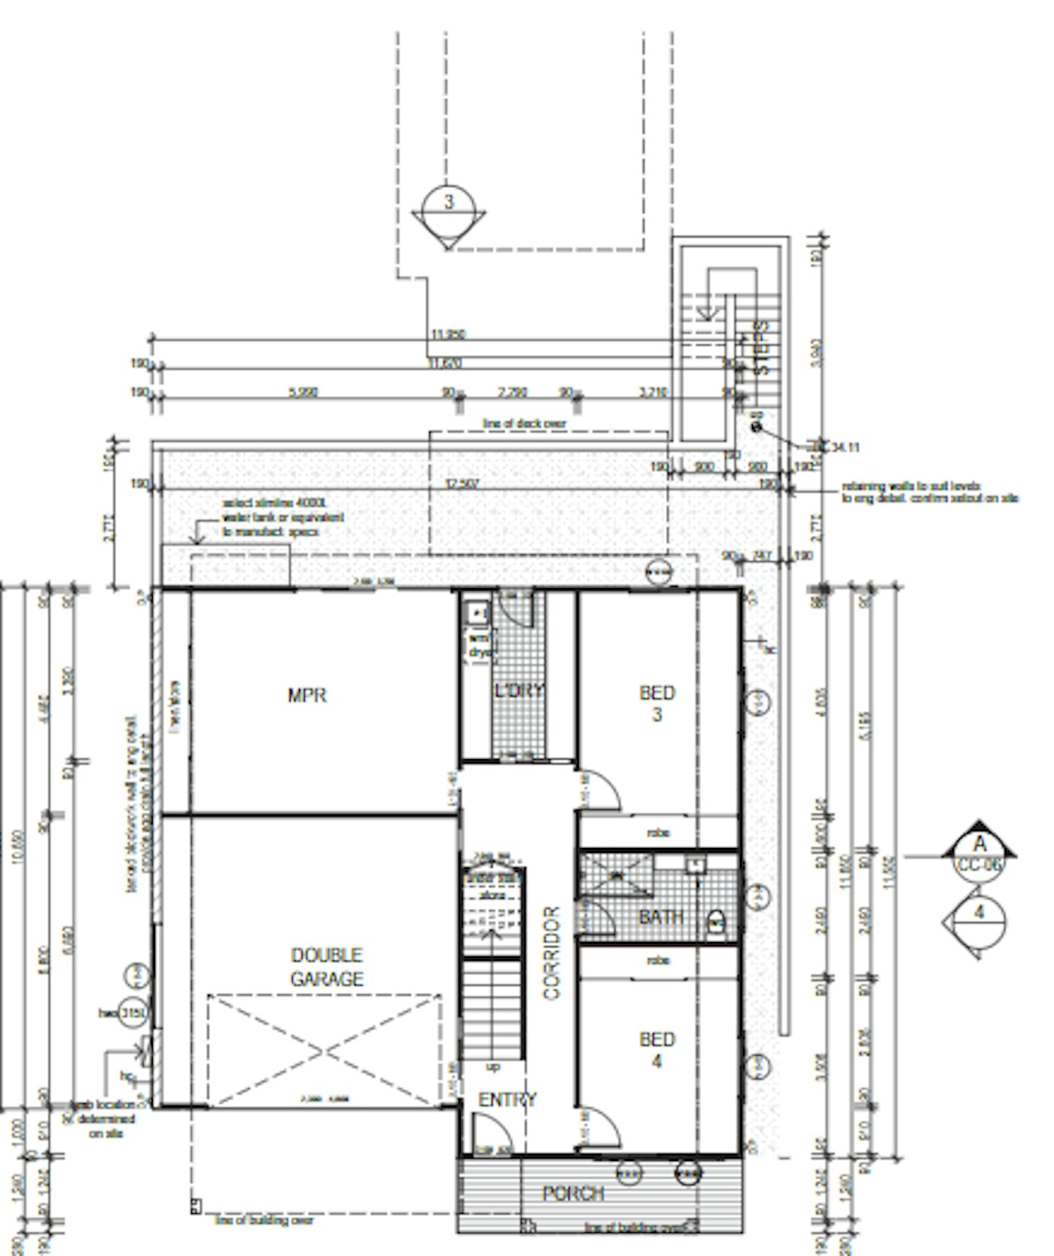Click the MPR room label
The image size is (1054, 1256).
tap(307, 695)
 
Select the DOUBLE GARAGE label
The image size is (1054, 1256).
tap(327, 967)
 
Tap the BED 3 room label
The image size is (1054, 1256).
tap(656, 703)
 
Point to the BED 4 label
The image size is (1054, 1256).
tap(656, 1050)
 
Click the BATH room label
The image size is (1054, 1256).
tap(661, 916)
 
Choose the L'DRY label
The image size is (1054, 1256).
tap(519, 690)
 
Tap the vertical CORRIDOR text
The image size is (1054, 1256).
tap(552, 953)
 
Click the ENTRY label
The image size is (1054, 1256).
tap(507, 1099)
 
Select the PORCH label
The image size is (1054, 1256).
tap(574, 1193)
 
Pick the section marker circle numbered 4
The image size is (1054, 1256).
tap(979, 913)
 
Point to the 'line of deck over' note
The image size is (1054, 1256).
tap(524, 424)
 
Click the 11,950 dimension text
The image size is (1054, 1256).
tap(448, 334)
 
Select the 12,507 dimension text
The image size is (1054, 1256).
tap(462, 483)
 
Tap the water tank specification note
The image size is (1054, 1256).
tap(282, 517)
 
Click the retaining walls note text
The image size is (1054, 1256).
tap(929, 492)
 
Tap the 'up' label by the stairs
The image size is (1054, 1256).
tap(493, 1066)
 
